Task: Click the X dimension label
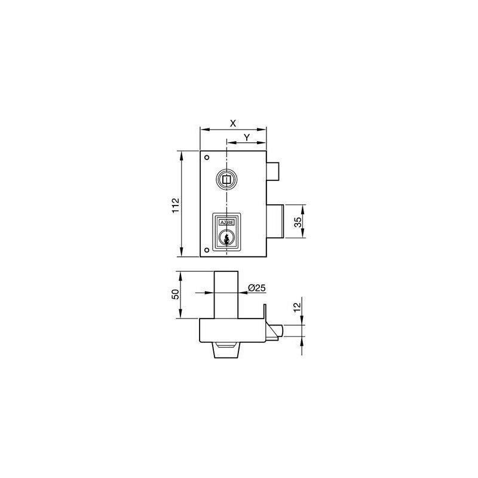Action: pyautogui.click(x=233, y=124)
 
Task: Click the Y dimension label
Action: pyautogui.click(x=247, y=137)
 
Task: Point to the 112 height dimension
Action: pyautogui.click(x=176, y=206)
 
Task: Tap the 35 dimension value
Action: pyautogui.click(x=298, y=222)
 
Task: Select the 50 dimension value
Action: pyautogui.click(x=176, y=294)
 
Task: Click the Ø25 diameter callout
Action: pyautogui.click(x=257, y=288)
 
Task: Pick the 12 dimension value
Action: pyautogui.click(x=297, y=307)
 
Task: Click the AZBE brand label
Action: pyautogui.click(x=227, y=222)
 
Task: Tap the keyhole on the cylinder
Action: pyautogui.click(x=226, y=239)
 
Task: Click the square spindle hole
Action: pyautogui.click(x=226, y=180)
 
